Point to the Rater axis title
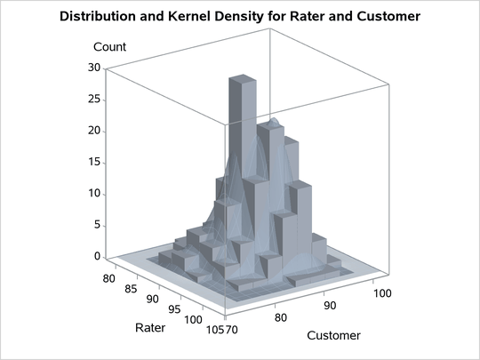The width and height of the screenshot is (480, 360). click(x=149, y=328)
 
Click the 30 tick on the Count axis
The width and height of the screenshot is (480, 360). click(x=93, y=68)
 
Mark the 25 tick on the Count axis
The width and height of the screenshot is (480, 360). click(x=93, y=100)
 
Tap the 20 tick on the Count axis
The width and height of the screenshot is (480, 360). click(x=93, y=131)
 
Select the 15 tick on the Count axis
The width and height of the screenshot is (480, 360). click(x=93, y=163)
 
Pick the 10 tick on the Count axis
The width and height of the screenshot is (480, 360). click(x=93, y=194)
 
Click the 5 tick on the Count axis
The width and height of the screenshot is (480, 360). click(x=97, y=226)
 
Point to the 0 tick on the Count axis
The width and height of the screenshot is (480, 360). click(x=97, y=257)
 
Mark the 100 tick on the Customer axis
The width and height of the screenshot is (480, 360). click(x=380, y=292)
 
